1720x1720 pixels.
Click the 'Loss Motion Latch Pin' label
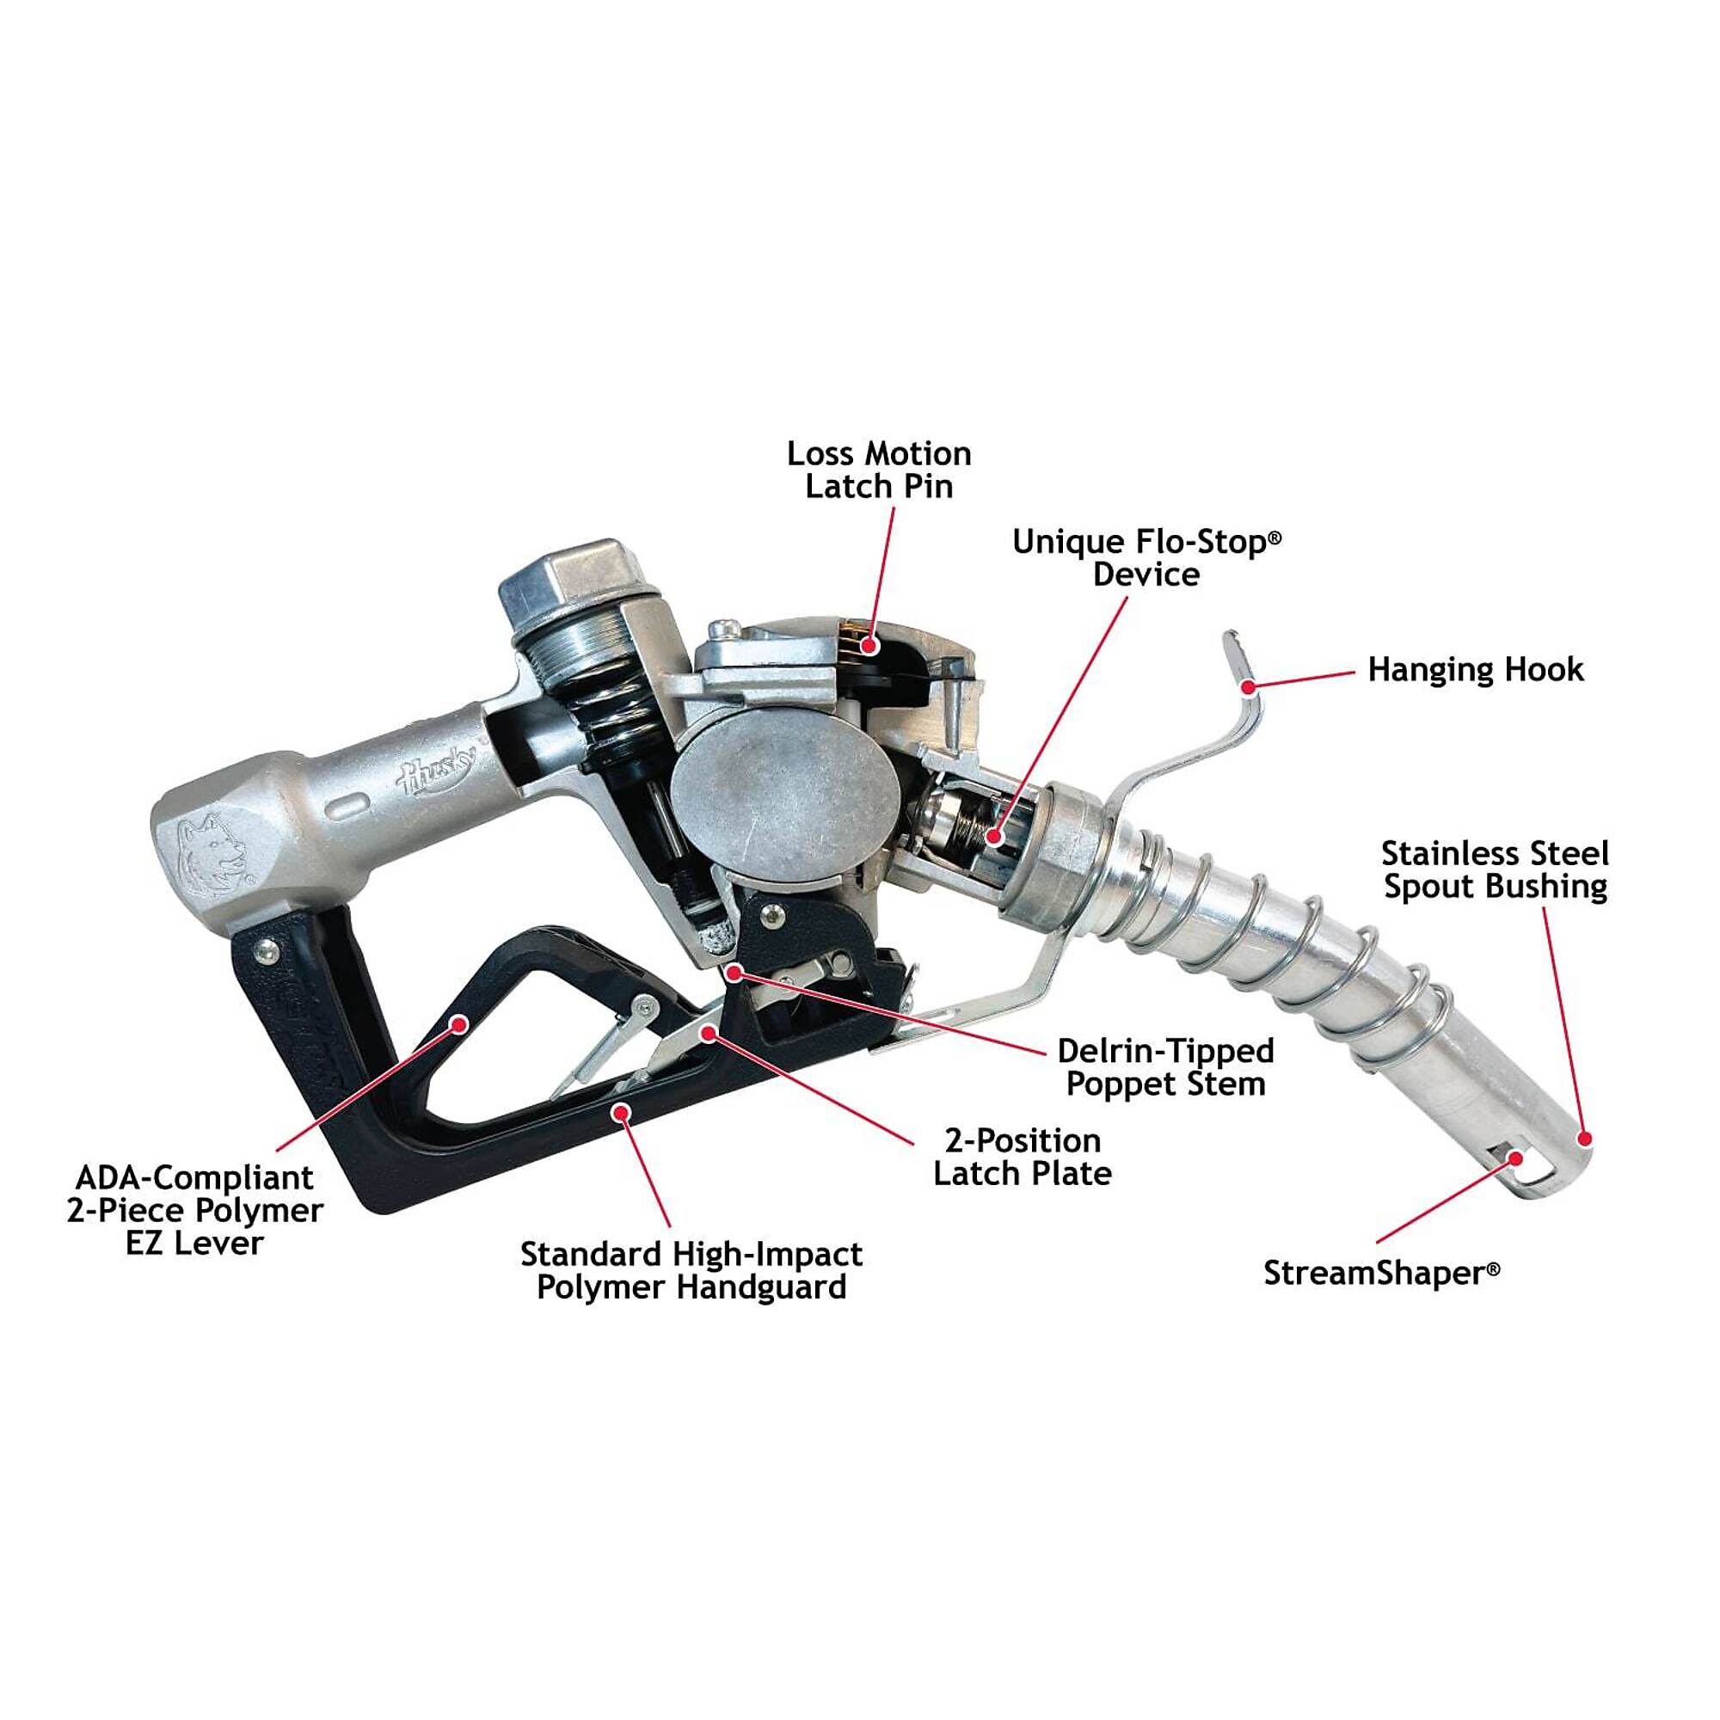879,470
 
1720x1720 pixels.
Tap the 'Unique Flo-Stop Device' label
1146,558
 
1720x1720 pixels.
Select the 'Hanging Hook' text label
1475,669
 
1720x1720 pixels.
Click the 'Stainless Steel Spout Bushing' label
1495,869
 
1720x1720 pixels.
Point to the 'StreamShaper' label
1382,1273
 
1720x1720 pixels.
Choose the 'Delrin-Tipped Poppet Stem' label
1165,1067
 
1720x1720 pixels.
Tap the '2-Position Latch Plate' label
1022,1157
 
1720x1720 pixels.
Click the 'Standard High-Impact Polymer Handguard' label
691,1270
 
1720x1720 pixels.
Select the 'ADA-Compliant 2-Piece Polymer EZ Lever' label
195,1210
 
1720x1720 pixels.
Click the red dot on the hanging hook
1250,686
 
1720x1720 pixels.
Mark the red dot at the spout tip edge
1584,1138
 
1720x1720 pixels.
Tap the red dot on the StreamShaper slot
1516,1158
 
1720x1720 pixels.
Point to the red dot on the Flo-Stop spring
993,837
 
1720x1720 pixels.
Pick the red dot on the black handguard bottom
623,1110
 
